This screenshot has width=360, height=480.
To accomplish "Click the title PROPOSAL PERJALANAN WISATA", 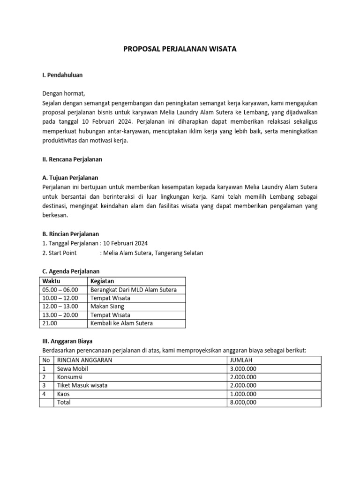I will (x=180, y=48).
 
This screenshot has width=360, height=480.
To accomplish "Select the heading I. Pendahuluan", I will (x=63, y=75).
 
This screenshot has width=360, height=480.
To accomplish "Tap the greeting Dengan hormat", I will (x=64, y=93).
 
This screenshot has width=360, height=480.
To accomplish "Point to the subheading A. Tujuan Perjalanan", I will (x=70, y=178).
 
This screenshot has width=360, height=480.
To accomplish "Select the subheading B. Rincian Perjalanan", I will (x=70, y=234).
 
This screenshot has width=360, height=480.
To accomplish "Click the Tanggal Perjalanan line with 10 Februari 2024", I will (x=95, y=243).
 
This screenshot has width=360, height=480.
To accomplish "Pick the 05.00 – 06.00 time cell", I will (x=60, y=290).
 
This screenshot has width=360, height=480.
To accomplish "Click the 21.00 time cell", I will (x=50, y=323).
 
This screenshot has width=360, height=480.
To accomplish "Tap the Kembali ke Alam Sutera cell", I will (x=121, y=323).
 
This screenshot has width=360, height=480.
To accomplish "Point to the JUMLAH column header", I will (x=241, y=360).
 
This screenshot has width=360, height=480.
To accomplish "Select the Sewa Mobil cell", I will (x=72, y=368).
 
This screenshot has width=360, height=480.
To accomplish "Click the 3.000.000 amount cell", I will (x=243, y=368).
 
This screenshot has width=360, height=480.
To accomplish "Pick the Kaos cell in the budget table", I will (x=63, y=394).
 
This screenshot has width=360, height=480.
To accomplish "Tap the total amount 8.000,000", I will (x=243, y=402).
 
